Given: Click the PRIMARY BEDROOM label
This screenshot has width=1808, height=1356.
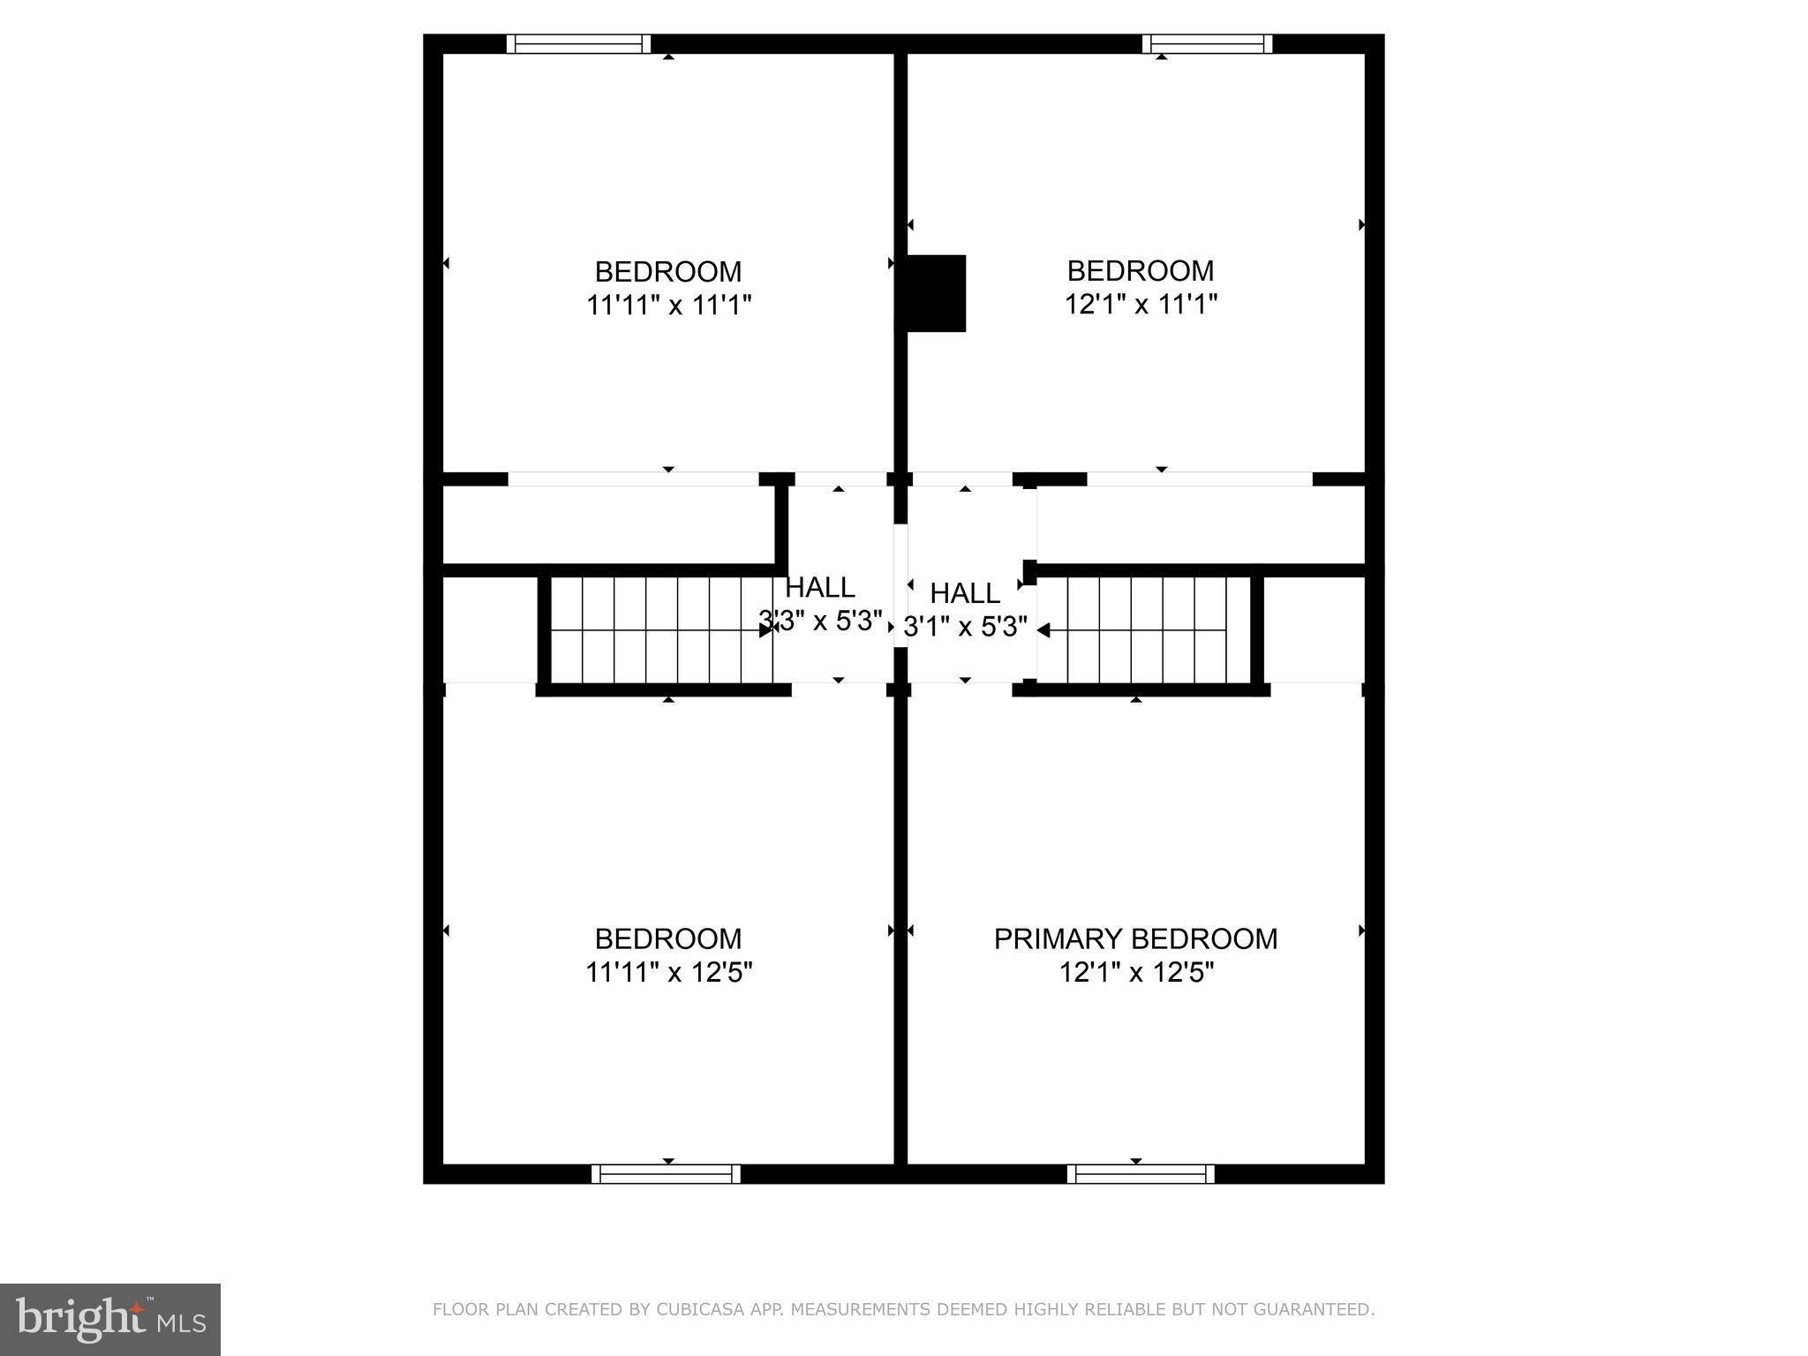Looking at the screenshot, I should point(1135,938).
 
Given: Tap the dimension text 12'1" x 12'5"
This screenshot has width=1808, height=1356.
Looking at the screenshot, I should point(1136,973).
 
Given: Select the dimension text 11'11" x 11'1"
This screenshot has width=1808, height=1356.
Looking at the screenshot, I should point(668,305).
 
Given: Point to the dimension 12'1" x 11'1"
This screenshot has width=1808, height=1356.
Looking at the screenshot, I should point(1141,305).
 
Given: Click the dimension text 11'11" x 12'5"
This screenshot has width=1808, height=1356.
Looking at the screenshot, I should point(668,973).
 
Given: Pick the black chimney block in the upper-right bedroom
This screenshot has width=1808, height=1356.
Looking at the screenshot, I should point(936,293).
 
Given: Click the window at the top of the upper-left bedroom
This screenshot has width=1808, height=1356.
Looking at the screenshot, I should point(578,44).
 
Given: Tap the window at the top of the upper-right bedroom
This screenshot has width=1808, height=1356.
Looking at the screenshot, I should point(1207,44).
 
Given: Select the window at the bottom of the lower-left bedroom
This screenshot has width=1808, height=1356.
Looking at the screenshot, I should point(666,1174).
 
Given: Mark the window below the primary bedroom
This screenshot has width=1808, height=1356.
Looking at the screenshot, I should point(1140,1174).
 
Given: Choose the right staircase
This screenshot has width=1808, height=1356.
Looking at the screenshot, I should point(1148,629).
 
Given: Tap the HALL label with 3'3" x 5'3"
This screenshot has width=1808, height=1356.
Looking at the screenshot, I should point(820,588).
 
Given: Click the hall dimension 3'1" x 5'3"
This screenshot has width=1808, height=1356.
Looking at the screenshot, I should point(966,627).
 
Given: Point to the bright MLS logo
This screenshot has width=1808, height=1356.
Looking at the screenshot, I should point(110,1319).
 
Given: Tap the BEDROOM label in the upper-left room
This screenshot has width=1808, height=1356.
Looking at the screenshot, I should point(668,271).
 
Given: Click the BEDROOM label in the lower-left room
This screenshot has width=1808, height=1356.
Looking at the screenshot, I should point(668,938).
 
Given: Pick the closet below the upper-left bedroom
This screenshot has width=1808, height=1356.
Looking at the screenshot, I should point(608,524).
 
